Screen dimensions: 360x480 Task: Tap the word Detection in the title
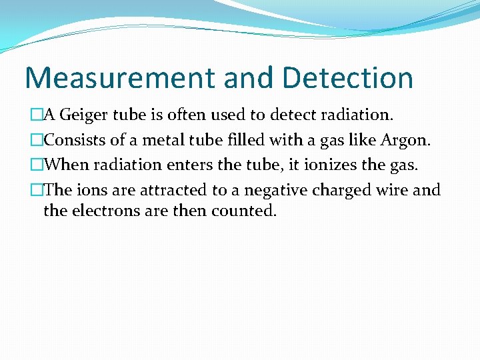347,78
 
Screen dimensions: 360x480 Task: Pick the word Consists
74,140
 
